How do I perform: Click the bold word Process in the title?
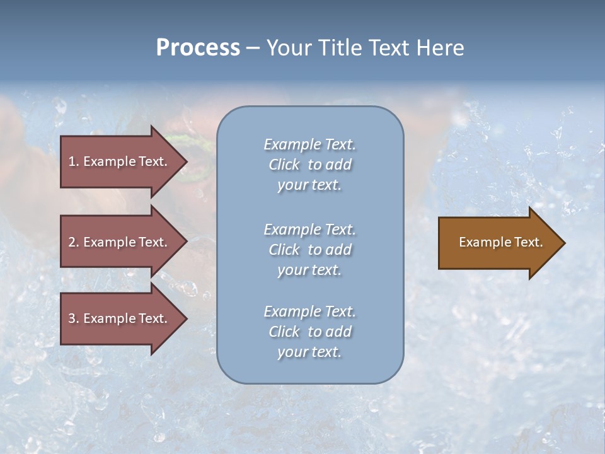click(198, 48)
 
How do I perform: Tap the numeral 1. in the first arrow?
click(74, 161)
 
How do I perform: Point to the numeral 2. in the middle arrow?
click(74, 242)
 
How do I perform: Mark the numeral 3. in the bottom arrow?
click(74, 318)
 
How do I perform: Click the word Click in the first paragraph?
click(284, 165)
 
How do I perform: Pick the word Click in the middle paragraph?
click(284, 250)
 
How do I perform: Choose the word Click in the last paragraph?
click(284, 332)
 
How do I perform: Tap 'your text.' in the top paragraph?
click(309, 185)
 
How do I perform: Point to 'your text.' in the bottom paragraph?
click(309, 352)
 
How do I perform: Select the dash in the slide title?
click(253, 48)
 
